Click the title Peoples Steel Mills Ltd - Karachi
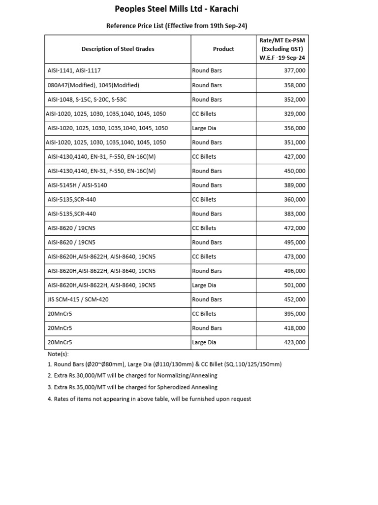[x=176, y=9]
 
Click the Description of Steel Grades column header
[x=118, y=49]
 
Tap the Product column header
[x=223, y=49]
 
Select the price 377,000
[x=294, y=71]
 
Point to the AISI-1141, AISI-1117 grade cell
[x=74, y=71]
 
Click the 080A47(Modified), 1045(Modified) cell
[x=93, y=85]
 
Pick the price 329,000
[x=294, y=114]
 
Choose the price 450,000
[x=294, y=171]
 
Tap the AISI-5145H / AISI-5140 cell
[x=77, y=185]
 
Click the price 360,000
[x=294, y=200]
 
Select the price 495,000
[x=294, y=243]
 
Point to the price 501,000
[x=294, y=286]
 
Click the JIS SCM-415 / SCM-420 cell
[x=79, y=300]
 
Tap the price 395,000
[x=294, y=314]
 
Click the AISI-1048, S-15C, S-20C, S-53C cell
[x=87, y=100]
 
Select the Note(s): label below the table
[x=58, y=354]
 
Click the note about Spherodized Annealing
[x=132, y=388]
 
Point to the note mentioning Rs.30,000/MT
[x=132, y=376]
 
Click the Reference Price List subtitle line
[x=176, y=26]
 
